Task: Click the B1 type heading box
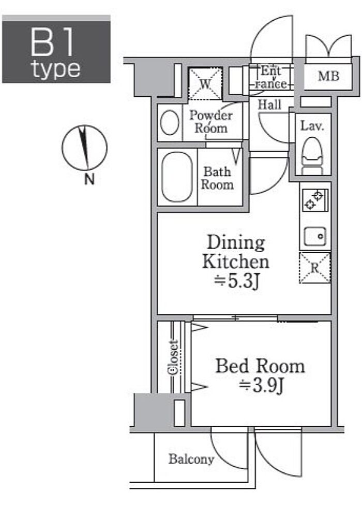click(56, 49)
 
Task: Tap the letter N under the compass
click(89, 179)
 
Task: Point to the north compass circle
click(84, 148)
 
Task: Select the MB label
click(328, 76)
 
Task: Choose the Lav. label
click(312, 125)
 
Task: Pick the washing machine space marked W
click(205, 83)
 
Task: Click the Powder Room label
click(211, 122)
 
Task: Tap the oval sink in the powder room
click(170, 122)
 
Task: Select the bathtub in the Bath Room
click(177, 177)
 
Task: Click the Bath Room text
click(217, 178)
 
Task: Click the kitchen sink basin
click(315, 236)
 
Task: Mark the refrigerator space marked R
click(315, 268)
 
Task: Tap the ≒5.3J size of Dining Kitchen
click(237, 281)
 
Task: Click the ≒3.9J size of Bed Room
click(261, 385)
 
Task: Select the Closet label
click(173, 357)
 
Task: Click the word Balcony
click(191, 459)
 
